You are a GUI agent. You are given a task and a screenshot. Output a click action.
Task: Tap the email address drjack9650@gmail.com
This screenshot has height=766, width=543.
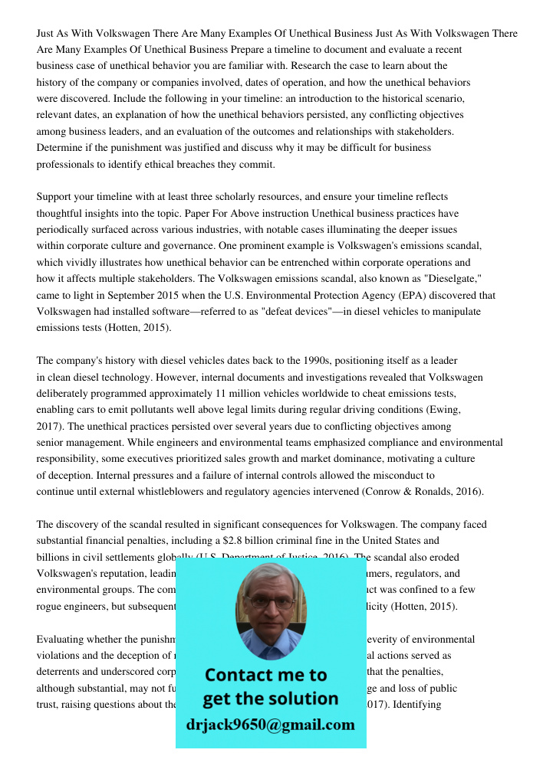[271, 724]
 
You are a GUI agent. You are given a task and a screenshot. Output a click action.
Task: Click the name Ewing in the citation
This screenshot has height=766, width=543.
[444, 409]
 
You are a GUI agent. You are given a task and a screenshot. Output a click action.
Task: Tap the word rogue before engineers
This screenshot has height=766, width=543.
[51, 606]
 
